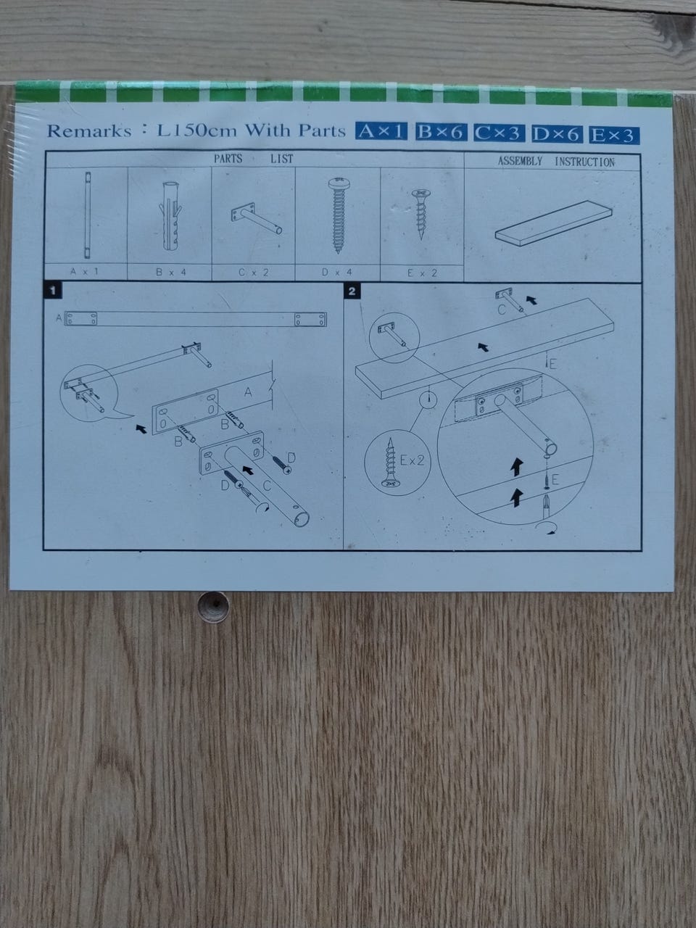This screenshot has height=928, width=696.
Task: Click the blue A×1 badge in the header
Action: point(381,131)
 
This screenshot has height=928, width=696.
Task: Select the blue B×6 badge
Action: point(441,133)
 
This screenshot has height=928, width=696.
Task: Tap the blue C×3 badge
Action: point(499,133)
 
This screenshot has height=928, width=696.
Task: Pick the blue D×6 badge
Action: point(557,134)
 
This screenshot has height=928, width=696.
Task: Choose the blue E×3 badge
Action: point(614,135)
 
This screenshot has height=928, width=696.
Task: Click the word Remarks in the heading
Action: point(89,131)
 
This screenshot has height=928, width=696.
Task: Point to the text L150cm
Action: point(197,130)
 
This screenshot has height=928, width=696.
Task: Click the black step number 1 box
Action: point(53,290)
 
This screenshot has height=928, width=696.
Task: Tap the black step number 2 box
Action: point(352,291)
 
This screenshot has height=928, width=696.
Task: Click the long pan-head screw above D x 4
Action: point(338,215)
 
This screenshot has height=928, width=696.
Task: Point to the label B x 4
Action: point(170,273)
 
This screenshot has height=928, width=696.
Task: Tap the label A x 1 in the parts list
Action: point(85,271)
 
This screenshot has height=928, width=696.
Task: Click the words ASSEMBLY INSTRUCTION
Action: point(556,162)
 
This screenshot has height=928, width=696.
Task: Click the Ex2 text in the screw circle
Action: point(412,460)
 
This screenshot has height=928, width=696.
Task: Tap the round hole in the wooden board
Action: point(215,607)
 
